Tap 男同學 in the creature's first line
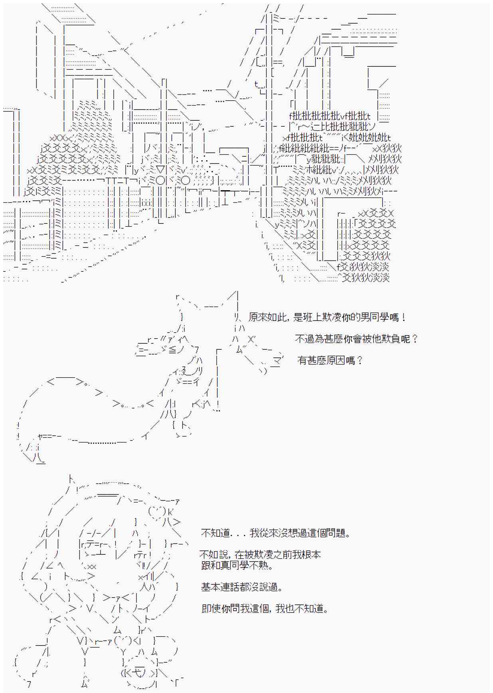(374, 318)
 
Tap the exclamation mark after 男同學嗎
(404, 318)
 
